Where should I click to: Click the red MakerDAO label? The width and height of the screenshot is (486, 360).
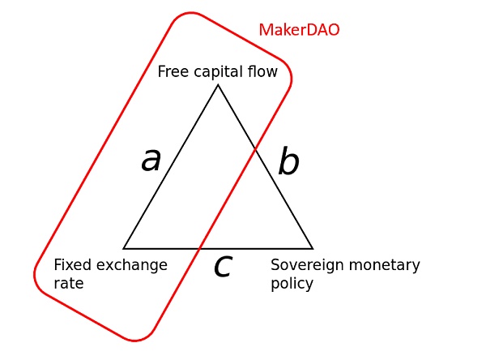coord(299,30)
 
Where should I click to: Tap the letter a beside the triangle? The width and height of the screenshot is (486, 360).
coord(151,160)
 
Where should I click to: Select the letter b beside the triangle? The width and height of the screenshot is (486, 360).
coord(289,161)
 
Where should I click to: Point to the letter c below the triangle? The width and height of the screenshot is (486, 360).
coord(224,266)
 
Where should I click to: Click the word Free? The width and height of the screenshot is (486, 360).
coord(173,71)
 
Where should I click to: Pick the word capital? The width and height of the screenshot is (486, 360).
coord(219,72)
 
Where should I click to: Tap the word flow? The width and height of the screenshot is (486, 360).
coord(262,71)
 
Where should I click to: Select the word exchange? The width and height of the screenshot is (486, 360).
coord(132,266)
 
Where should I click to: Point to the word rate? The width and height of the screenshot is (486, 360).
coord(69,284)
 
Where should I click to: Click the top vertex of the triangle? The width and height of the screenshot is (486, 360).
coord(218,84)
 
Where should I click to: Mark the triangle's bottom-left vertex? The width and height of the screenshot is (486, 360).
coord(123,249)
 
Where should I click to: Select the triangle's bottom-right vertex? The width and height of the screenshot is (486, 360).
coord(313,249)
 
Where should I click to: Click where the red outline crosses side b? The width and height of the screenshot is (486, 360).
coord(255,149)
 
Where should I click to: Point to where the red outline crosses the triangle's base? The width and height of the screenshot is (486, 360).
coord(199,249)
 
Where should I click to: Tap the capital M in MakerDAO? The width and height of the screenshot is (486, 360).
coord(265,31)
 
